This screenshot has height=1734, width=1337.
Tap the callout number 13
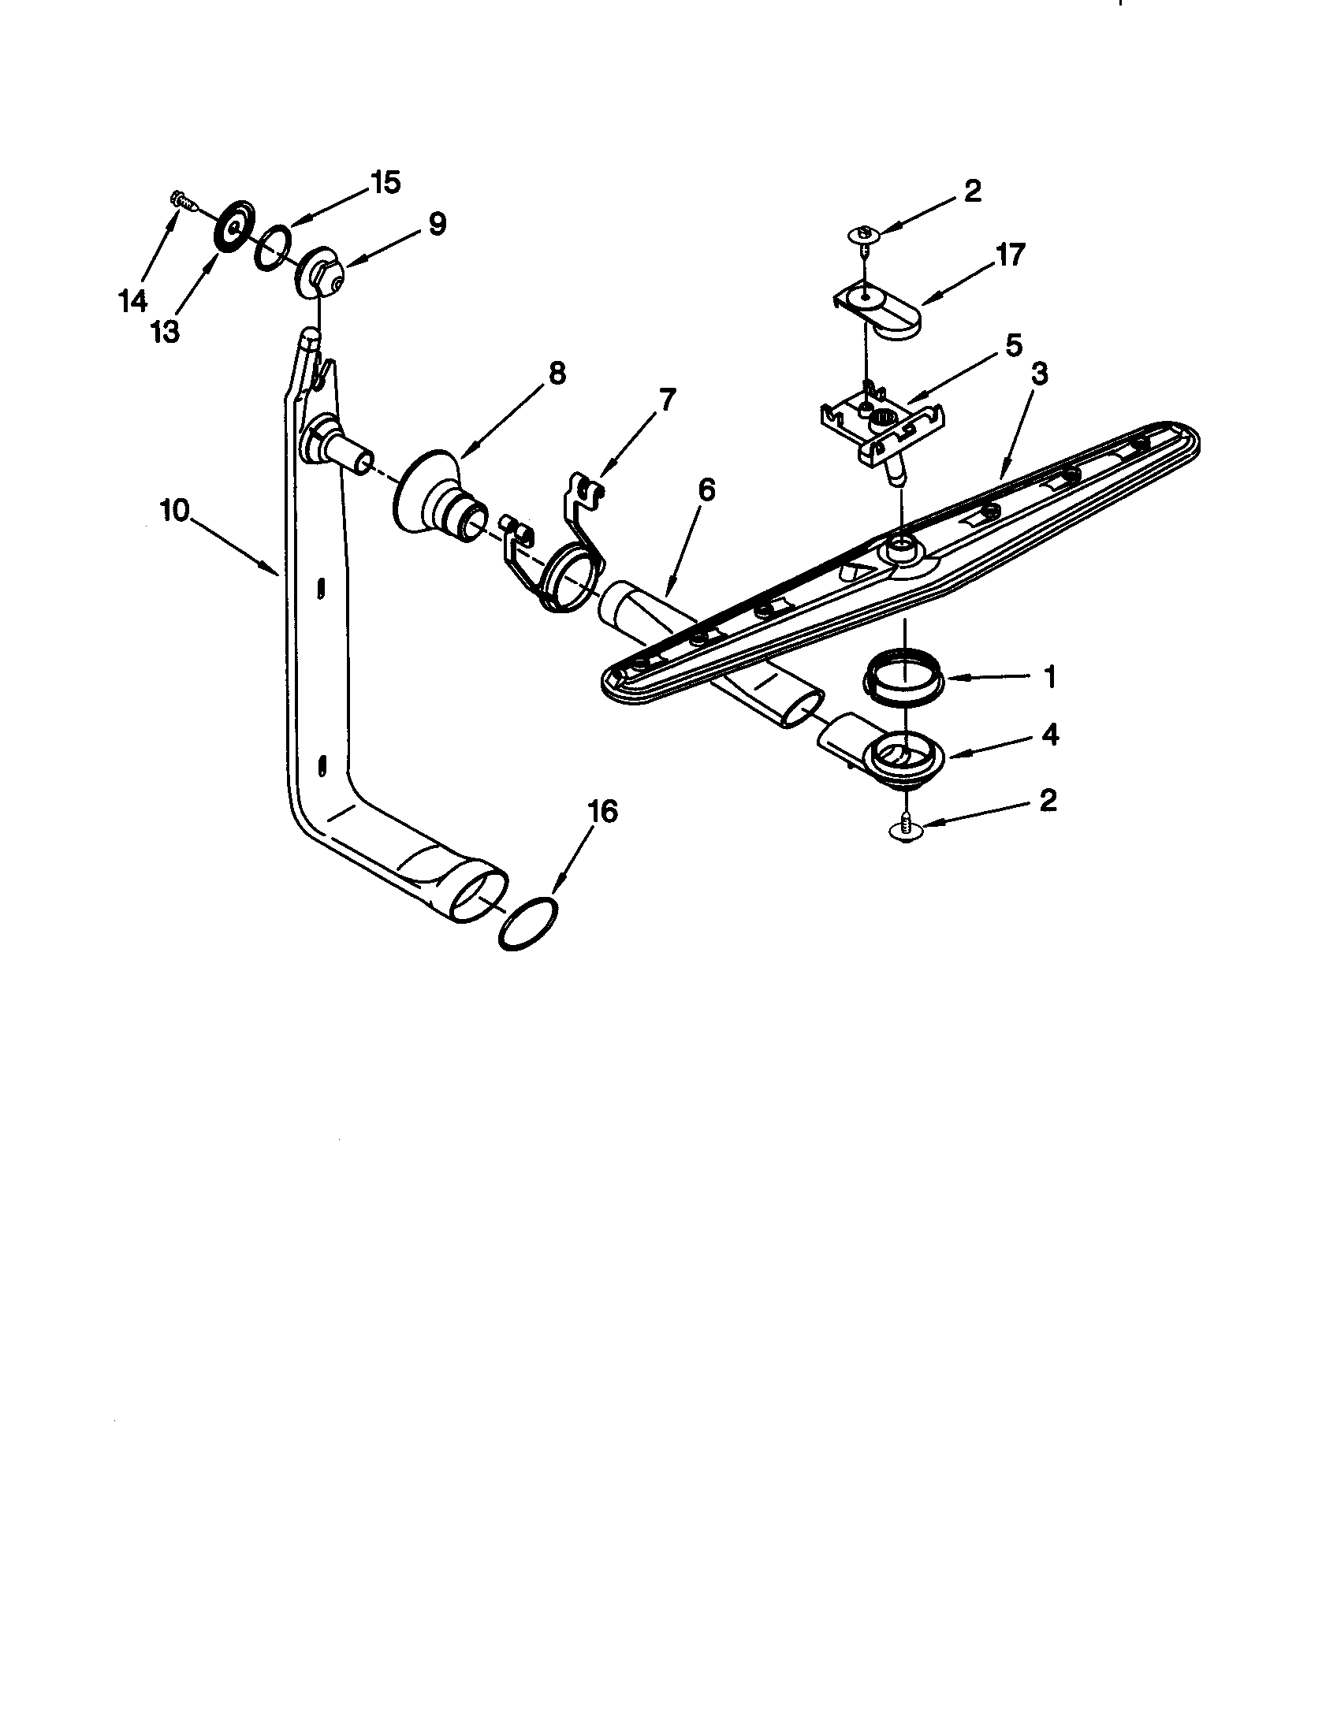(165, 333)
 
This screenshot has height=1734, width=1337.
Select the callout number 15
(385, 183)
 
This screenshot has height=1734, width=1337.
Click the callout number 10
(174, 511)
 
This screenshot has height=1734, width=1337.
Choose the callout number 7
(665, 399)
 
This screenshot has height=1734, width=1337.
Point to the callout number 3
(1039, 372)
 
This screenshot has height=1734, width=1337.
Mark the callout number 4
(1049, 735)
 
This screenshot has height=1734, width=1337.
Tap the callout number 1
(1049, 677)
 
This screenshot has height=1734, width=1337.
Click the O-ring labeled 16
(527, 925)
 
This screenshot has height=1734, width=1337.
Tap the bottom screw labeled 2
(906, 828)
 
